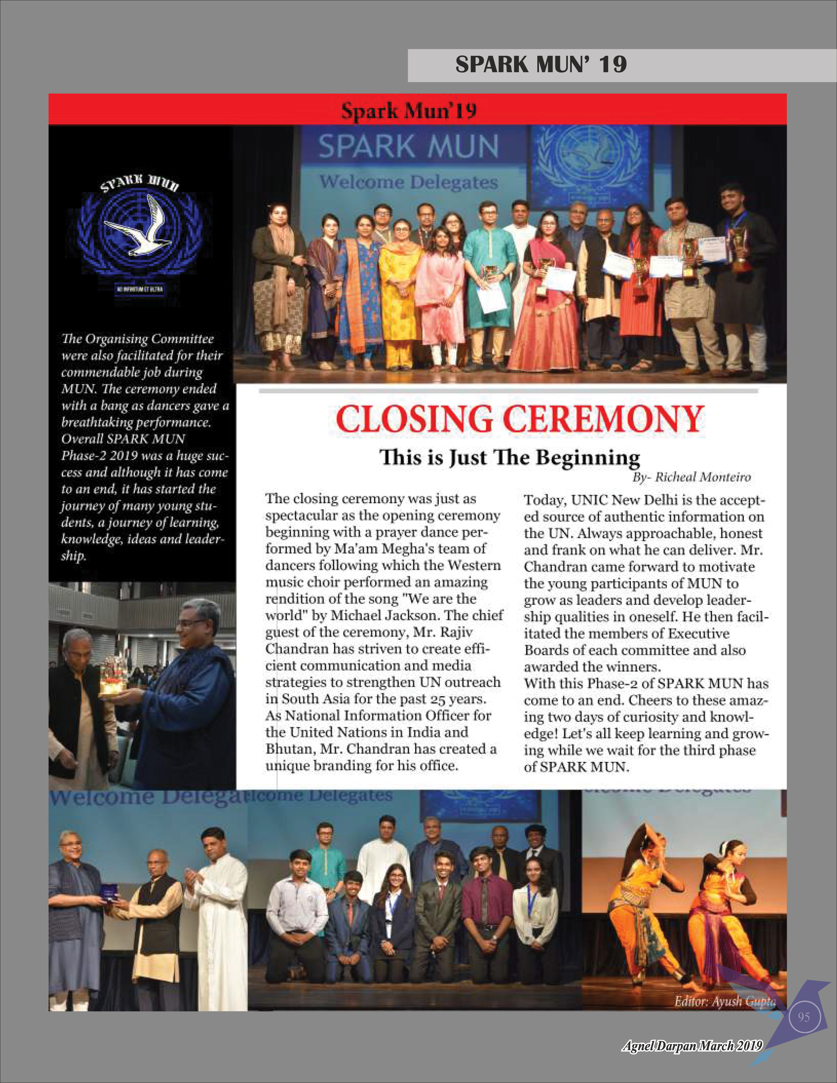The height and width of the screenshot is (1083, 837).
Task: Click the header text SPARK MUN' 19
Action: click(x=541, y=64)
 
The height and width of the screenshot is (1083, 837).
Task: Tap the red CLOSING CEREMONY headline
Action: click(x=520, y=419)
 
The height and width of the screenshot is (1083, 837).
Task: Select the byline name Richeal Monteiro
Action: click(x=703, y=477)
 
